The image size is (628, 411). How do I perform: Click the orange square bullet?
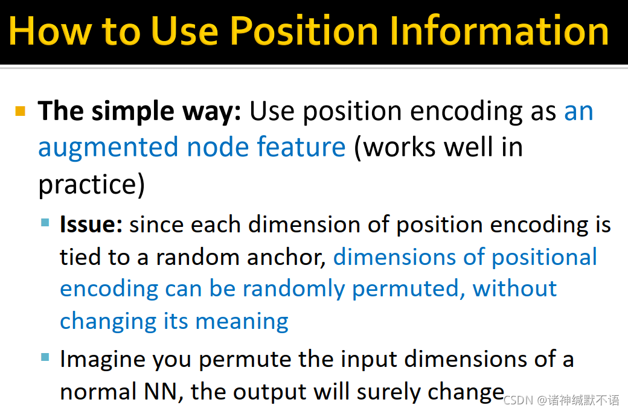(21, 111)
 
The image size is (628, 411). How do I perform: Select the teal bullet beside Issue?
(45, 223)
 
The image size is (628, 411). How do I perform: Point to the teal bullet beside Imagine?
(45, 357)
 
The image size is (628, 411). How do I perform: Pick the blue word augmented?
(107, 148)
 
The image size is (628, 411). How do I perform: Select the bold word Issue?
(91, 225)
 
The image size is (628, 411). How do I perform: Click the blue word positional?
(544, 258)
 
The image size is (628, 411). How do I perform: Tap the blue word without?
(514, 288)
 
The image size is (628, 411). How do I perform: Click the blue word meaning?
(242, 322)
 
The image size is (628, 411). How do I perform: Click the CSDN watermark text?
(561, 400)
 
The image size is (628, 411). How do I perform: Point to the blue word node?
(217, 147)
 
